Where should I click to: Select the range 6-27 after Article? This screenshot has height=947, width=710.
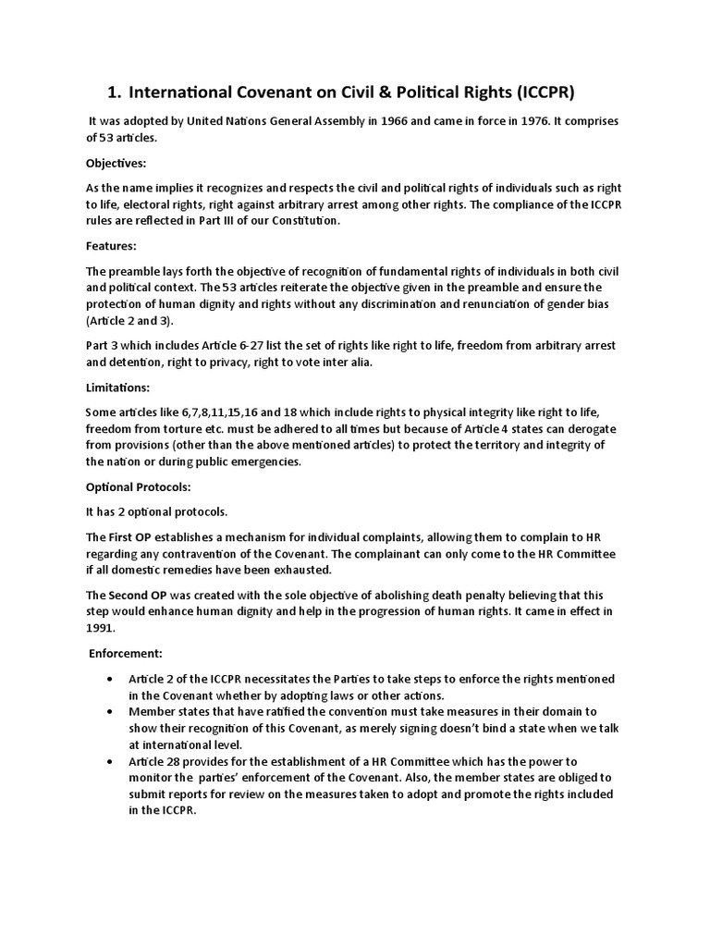tap(279, 346)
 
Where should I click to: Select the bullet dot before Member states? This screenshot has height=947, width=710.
tap(109, 712)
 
